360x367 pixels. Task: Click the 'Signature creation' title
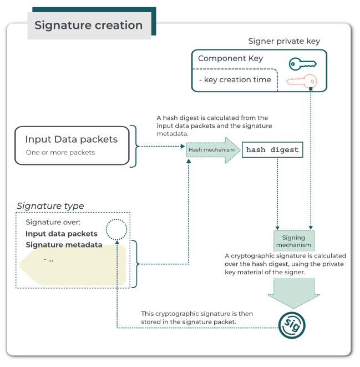click(x=88, y=26)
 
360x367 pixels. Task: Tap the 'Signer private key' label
click(x=283, y=41)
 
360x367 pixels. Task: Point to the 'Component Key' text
click(x=230, y=58)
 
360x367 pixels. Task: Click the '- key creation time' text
click(x=235, y=79)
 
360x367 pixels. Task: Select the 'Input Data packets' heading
click(x=71, y=139)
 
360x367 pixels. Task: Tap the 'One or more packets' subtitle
click(x=60, y=152)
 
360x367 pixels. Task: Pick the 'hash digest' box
click(x=272, y=150)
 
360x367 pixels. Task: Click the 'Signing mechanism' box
click(x=293, y=241)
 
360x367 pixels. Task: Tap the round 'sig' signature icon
click(x=292, y=325)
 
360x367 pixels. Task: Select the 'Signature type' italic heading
click(x=50, y=206)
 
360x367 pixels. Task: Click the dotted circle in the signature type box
click(x=116, y=228)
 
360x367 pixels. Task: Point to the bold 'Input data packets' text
click(x=62, y=234)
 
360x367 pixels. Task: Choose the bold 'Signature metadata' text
click(x=64, y=245)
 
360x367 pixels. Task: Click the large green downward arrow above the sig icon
click(x=293, y=292)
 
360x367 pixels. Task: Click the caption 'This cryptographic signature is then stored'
click(x=196, y=318)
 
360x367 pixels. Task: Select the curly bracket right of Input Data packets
click(x=134, y=146)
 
